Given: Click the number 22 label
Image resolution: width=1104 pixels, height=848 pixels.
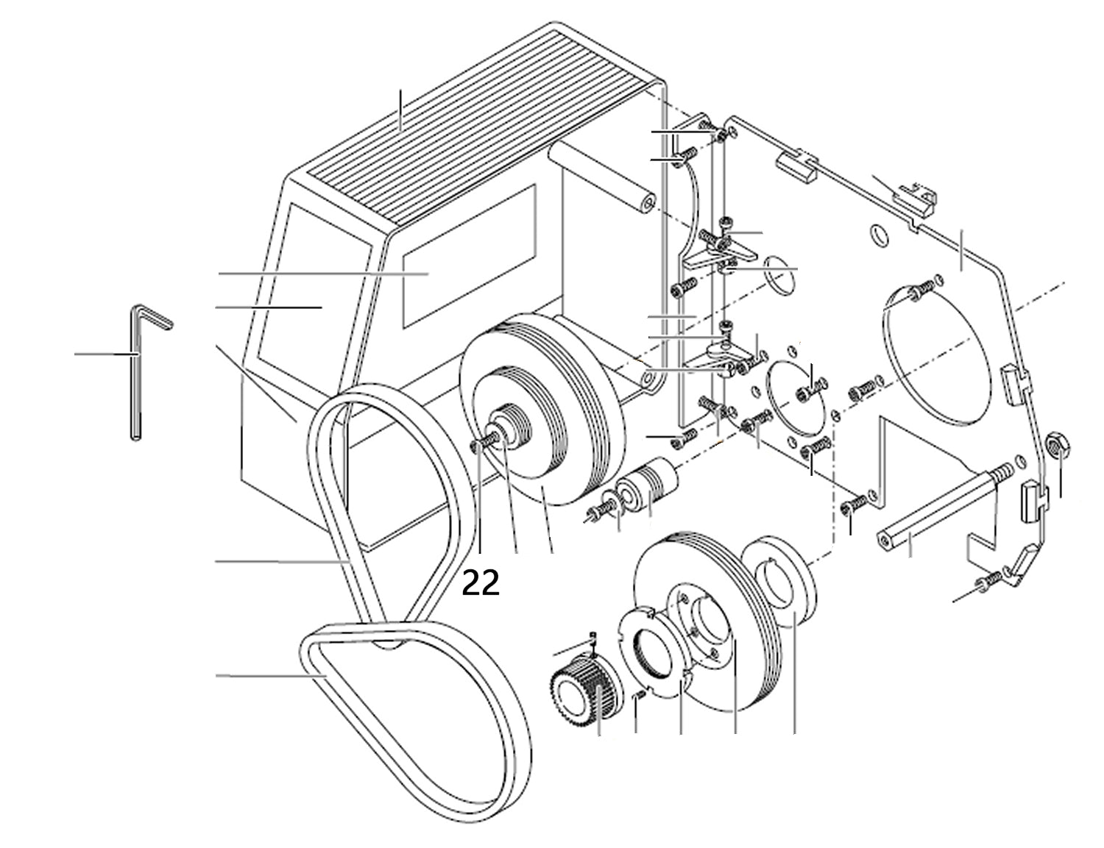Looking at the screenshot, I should (481, 584).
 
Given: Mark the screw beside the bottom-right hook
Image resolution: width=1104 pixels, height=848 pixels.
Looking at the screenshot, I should (988, 582).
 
